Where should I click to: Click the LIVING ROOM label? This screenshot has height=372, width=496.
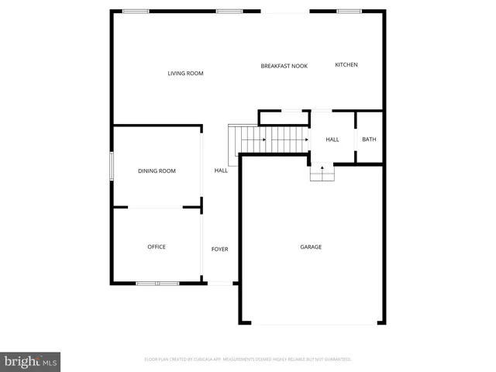[x=185, y=74]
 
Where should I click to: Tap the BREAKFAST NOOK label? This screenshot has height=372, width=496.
[x=284, y=66]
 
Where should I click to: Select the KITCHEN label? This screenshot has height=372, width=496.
[x=346, y=64]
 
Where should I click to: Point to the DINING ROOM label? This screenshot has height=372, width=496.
[x=157, y=170]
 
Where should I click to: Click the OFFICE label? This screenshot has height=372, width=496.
[x=157, y=246]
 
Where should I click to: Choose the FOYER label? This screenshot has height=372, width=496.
[x=220, y=249]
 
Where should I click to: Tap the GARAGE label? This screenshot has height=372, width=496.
[x=311, y=246]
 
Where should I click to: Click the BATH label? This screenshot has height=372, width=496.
[x=369, y=139]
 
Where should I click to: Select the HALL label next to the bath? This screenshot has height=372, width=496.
[x=332, y=139]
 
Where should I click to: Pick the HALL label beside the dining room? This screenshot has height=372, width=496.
[x=221, y=170]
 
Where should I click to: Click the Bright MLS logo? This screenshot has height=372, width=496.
[x=31, y=361]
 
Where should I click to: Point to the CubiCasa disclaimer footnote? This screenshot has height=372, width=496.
[x=248, y=360]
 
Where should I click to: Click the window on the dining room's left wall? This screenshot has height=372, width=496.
[x=112, y=167]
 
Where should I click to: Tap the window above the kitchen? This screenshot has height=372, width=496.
[x=349, y=11]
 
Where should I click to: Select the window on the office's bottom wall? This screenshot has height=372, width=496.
[x=157, y=283]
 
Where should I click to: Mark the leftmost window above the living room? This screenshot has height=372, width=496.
[x=136, y=11]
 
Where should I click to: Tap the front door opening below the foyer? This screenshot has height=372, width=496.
[x=220, y=284]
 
